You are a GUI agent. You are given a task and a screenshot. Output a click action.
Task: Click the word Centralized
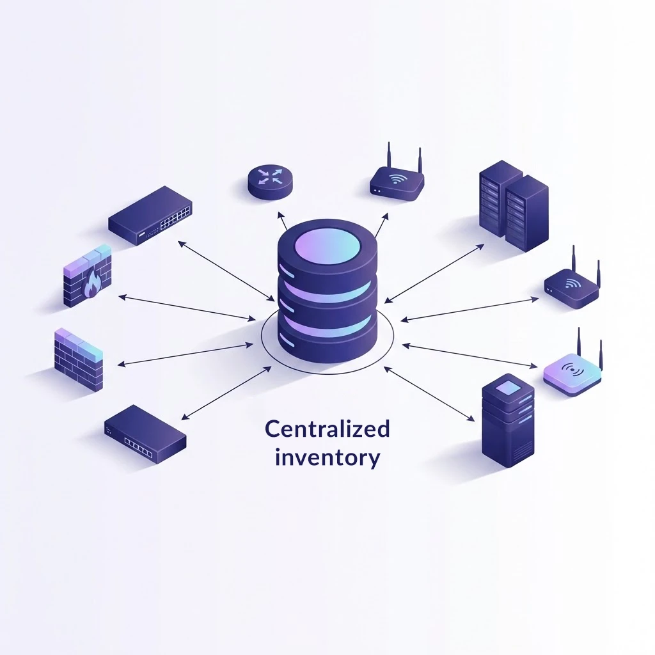click(327, 429)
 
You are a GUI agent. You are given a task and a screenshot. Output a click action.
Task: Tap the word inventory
click(327, 458)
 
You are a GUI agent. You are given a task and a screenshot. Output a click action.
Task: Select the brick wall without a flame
click(78, 359)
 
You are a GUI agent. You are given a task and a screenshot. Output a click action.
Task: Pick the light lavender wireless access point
click(572, 375)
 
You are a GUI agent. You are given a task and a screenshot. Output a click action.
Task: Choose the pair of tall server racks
click(513, 205)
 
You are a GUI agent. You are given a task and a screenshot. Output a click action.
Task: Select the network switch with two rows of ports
click(150, 215)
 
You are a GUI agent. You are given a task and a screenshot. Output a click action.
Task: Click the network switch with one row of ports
click(145, 435)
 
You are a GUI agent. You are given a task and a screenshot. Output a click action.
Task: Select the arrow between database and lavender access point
click(470, 356)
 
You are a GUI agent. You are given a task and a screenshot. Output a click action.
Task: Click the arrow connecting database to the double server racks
click(435, 272)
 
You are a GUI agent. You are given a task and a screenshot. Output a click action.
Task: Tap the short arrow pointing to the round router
click(283, 219)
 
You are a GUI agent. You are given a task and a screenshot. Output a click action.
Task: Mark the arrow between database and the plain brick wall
click(185, 355)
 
